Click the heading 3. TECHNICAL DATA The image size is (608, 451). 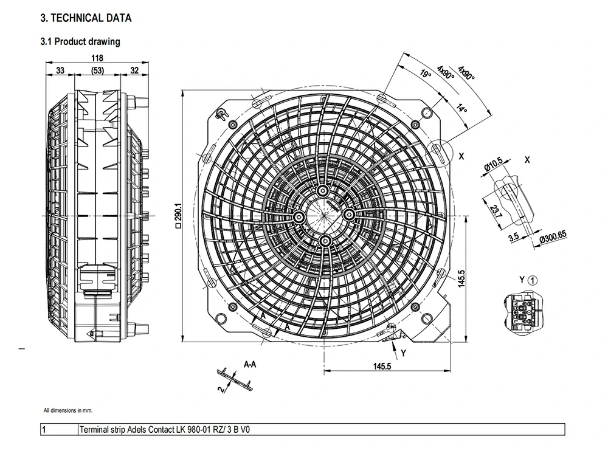pyautogui.click(x=85, y=18)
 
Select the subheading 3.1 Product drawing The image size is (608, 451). pyautogui.click(x=80, y=42)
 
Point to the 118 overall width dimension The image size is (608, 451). pyautogui.click(x=97, y=58)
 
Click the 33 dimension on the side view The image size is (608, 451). pyautogui.click(x=60, y=71)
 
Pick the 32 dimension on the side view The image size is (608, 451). pyautogui.click(x=134, y=71)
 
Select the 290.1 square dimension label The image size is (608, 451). pyautogui.click(x=178, y=215)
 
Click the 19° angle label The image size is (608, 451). pyautogui.click(x=426, y=75)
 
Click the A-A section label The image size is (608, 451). pyautogui.click(x=249, y=365)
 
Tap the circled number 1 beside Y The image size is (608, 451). pyautogui.click(x=532, y=280)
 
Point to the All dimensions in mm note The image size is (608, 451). pyautogui.click(x=68, y=410)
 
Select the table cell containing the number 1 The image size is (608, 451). pyautogui.click(x=60, y=430)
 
